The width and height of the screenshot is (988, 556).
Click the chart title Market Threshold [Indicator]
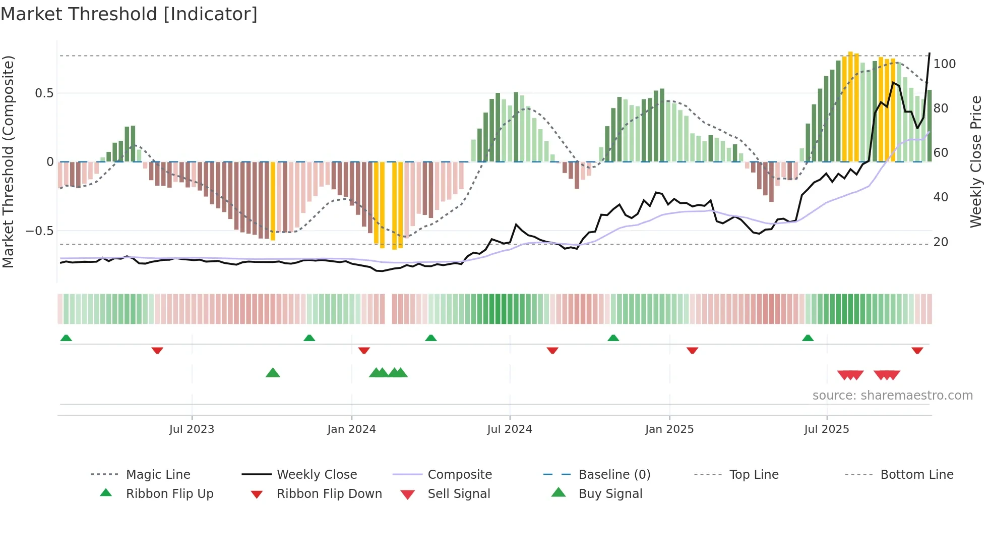(129, 14)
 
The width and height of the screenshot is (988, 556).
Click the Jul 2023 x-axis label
(192, 429)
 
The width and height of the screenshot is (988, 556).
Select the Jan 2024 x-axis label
(351, 429)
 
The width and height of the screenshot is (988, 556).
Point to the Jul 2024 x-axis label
(510, 429)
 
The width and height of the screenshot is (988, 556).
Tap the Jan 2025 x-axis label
(669, 429)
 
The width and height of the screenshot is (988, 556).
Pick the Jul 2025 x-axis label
(827, 429)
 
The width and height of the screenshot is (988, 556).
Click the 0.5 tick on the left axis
(44, 93)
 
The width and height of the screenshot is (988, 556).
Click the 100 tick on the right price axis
(945, 64)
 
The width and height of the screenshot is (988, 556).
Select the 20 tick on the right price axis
(941, 242)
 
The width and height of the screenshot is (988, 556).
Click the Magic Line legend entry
(158, 475)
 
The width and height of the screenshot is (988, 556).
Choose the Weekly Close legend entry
(317, 475)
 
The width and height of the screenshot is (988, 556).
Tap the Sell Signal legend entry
(459, 494)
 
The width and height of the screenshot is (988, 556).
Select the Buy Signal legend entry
(610, 494)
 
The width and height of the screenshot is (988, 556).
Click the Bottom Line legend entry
(916, 475)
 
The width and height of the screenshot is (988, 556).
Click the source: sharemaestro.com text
(892, 396)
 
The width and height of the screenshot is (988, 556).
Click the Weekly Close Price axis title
(976, 161)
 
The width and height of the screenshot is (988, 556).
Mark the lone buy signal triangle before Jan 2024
(273, 373)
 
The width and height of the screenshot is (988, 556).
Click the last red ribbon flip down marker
(917, 350)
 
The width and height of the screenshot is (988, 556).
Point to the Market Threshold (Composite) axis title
(8, 161)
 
